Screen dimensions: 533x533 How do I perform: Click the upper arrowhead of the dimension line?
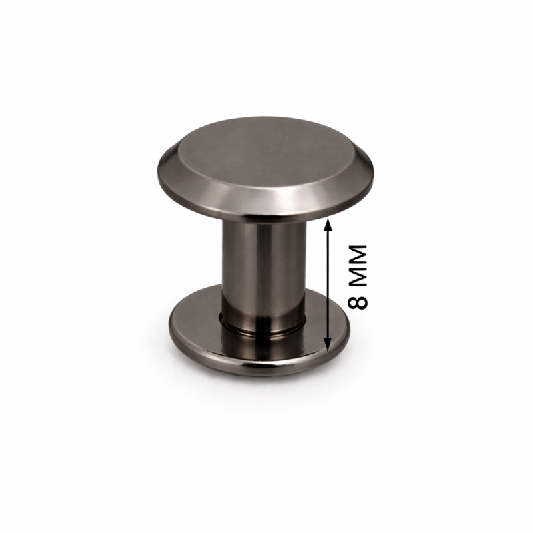tap(328, 225)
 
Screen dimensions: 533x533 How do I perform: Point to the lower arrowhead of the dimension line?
tap(328, 345)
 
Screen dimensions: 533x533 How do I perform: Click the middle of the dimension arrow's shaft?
tap(328, 285)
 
